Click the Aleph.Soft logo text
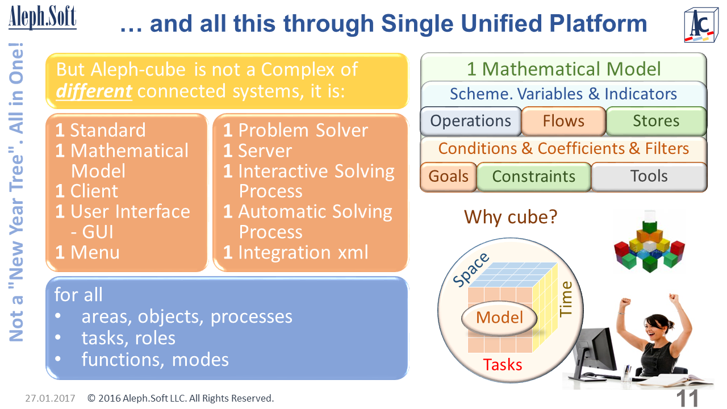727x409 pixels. (42, 17)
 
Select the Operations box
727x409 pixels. (470, 121)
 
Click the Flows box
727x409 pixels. (563, 121)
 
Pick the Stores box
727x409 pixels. (655, 121)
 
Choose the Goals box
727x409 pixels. (448, 176)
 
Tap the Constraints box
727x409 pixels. (533, 177)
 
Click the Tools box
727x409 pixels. (649, 176)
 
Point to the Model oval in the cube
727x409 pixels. (499, 318)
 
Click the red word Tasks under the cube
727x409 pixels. (502, 364)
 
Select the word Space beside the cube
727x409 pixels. (472, 270)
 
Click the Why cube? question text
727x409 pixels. (510, 216)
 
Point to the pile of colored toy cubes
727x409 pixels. (649, 241)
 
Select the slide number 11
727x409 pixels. (687, 398)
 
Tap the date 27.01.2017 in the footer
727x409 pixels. (50, 398)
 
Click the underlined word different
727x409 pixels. (94, 90)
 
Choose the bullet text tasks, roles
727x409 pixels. (128, 338)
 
